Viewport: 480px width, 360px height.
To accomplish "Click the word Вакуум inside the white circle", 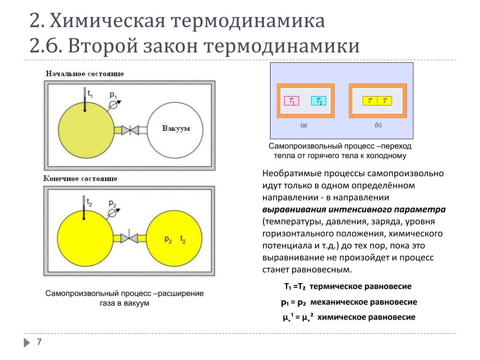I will (176, 128).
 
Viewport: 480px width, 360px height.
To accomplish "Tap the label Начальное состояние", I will (85, 74).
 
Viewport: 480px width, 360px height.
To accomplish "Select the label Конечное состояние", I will (80, 179).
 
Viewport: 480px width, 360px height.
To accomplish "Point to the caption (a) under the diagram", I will (304, 126).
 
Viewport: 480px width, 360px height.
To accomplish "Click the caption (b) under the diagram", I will (377, 126).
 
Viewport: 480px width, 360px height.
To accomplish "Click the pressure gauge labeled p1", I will (113, 104).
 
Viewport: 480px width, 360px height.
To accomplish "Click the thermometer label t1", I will (90, 94).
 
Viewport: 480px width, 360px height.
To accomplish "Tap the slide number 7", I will (39, 342).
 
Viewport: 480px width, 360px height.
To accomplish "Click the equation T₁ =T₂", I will (295, 286).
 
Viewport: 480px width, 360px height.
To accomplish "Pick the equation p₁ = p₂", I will (293, 302).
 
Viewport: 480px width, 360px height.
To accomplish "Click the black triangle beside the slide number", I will (26, 343).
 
